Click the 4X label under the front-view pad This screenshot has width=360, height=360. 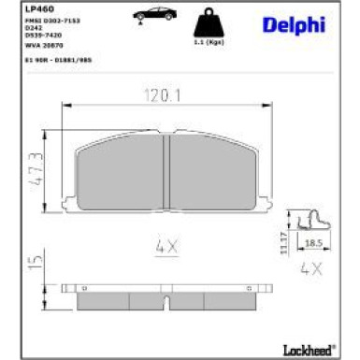point(166,246)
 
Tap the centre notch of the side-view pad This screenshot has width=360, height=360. point(166,302)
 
